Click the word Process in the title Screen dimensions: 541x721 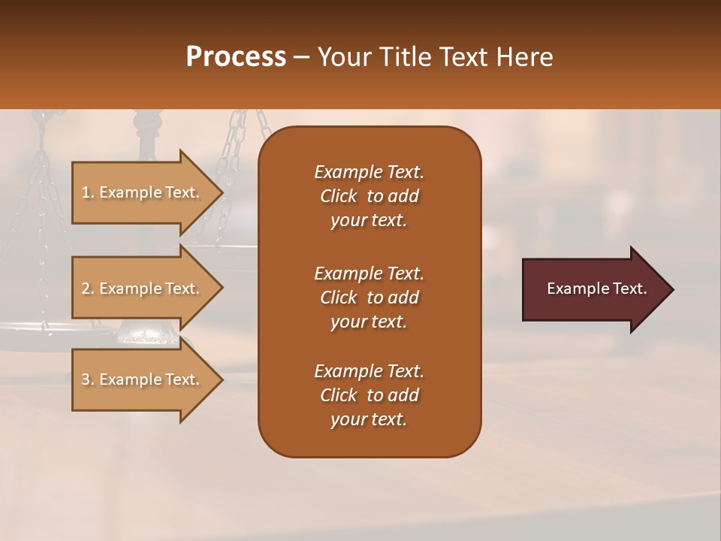[236, 57]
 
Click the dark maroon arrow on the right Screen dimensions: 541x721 [593, 289]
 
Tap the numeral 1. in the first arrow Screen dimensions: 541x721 [88, 192]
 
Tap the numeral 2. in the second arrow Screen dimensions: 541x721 [88, 289]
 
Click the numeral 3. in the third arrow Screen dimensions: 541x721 [88, 379]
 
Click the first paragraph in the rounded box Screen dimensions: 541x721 [369, 196]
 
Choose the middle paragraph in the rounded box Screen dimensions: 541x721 [369, 298]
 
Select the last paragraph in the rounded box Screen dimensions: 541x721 [369, 395]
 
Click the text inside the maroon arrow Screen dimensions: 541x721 [596, 289]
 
